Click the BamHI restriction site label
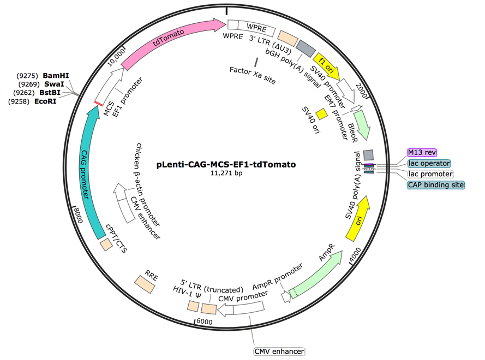tap(56, 75)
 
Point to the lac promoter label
tap(424, 173)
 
